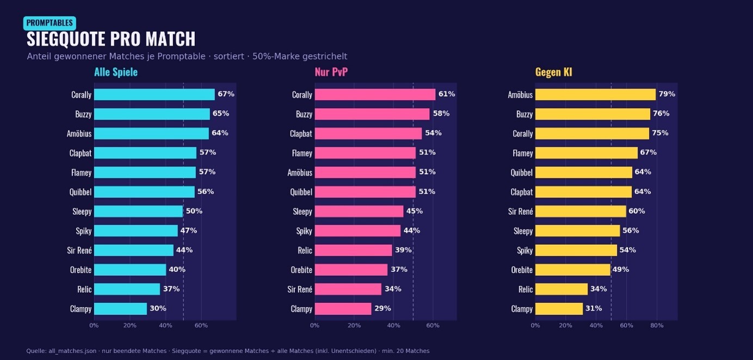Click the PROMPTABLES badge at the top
tap(50, 23)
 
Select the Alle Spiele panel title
tap(116, 72)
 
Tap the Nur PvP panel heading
tap(331, 72)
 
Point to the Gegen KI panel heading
tap(553, 72)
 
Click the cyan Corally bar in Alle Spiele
tap(155, 95)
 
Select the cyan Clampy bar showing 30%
tap(120, 308)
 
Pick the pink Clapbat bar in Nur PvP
tap(368, 133)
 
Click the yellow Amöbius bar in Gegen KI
tap(595, 95)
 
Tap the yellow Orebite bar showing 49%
tap(572, 270)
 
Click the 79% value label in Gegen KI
tap(666, 94)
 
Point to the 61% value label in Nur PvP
tap(447, 94)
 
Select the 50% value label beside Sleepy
tap(194, 211)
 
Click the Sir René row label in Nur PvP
tap(300, 289)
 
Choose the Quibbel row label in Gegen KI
tap(521, 172)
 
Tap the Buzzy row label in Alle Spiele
tap(83, 114)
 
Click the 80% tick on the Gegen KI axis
tap(657, 325)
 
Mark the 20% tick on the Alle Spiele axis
tap(129, 325)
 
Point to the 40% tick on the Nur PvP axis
tap(393, 325)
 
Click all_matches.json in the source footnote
tap(72, 351)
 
